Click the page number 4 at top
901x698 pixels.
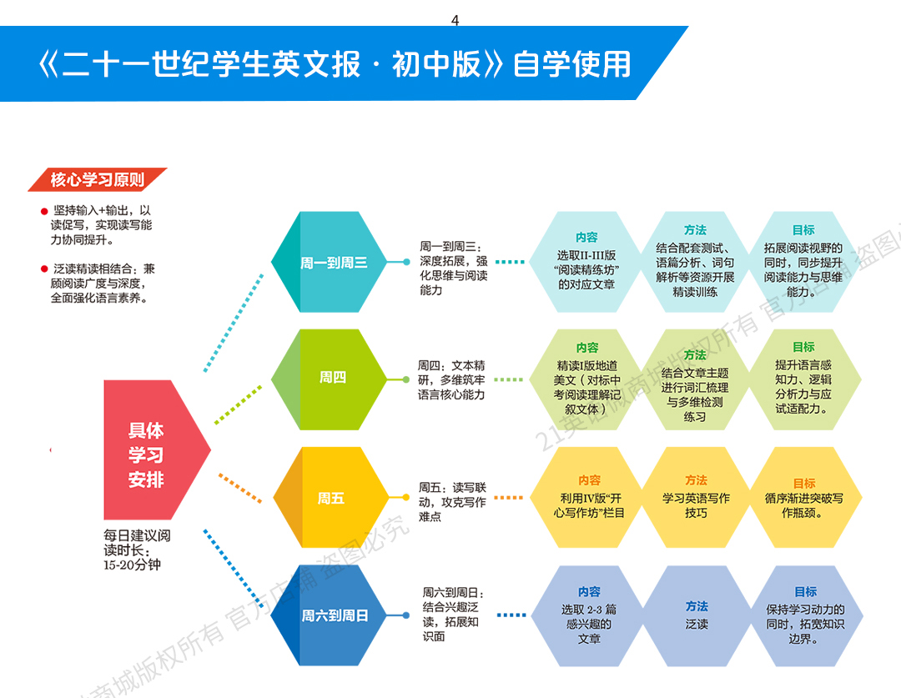(x=455, y=21)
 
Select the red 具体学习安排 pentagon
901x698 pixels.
(x=150, y=454)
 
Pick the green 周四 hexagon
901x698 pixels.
(x=332, y=378)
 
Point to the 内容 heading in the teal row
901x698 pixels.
(x=587, y=237)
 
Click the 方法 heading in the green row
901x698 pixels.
(x=695, y=354)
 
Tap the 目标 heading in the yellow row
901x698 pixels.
(x=804, y=483)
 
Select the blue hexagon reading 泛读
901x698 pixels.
(x=697, y=615)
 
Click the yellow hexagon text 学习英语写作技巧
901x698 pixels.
(x=697, y=505)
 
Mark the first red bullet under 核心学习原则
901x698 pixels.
(x=44, y=212)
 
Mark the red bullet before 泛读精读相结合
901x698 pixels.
(x=44, y=269)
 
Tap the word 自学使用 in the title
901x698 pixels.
(x=572, y=64)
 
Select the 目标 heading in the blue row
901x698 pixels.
(x=806, y=591)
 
